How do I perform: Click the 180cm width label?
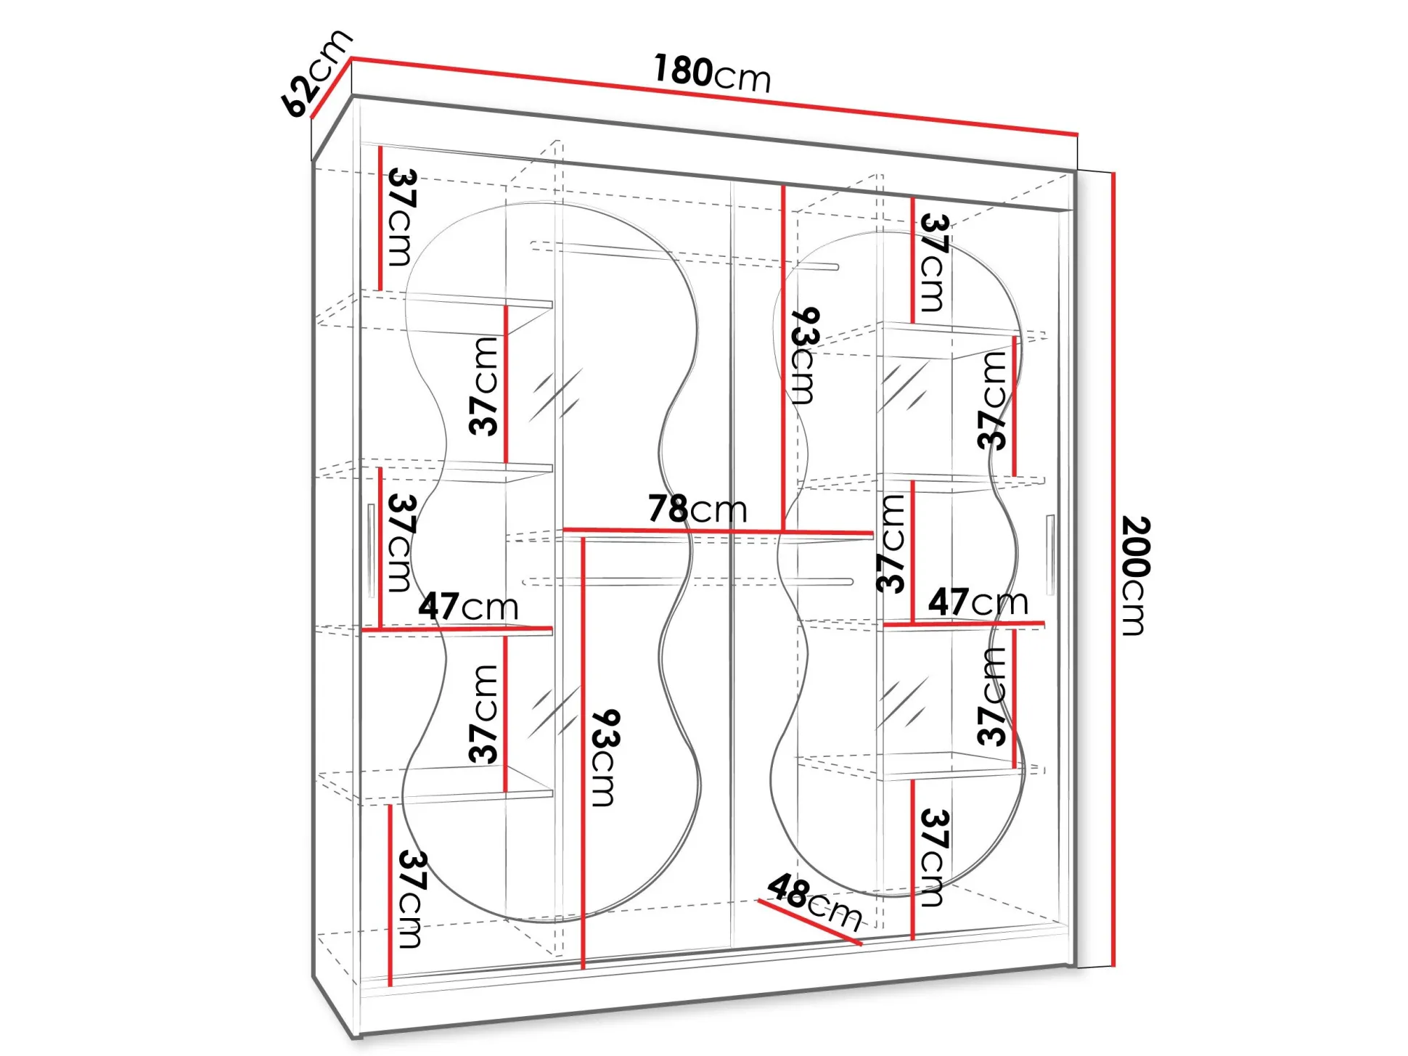tap(712, 73)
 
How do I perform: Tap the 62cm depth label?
tap(316, 73)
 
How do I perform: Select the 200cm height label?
tap(1136, 576)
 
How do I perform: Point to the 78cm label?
tap(697, 509)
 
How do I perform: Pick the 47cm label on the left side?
tap(468, 606)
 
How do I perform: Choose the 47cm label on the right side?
tap(978, 602)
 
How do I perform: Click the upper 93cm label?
tap(805, 356)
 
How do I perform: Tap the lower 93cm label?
tap(605, 758)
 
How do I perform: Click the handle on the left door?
tap(371, 550)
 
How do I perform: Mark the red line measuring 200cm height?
tap(1113, 569)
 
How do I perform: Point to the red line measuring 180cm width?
tap(715, 96)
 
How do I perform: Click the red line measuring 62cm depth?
tap(332, 87)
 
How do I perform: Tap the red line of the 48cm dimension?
tap(809, 922)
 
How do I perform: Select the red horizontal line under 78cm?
tap(719, 531)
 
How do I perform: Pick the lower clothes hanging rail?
tap(688, 581)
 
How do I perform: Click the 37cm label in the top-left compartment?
tap(402, 217)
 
